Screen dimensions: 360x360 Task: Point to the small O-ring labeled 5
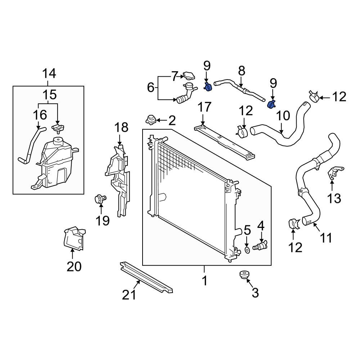pyautogui.click(x=247, y=249)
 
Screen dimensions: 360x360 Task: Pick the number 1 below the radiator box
pyautogui.click(x=204, y=280)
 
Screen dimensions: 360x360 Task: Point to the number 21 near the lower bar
pyautogui.click(x=129, y=294)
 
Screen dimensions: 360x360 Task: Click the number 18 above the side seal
pyautogui.click(x=121, y=127)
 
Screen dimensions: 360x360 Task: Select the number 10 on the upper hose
pyautogui.click(x=284, y=116)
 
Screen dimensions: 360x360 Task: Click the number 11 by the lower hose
pyautogui.click(x=326, y=238)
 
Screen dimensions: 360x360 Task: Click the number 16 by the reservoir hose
pyautogui.click(x=40, y=115)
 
